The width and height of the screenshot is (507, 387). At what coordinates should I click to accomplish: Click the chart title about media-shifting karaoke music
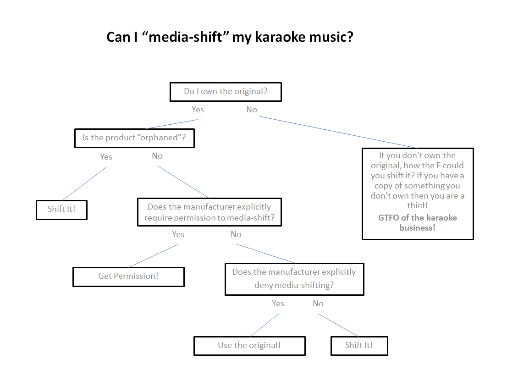coord(230,37)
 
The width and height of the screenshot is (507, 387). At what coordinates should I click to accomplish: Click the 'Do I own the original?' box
coord(226,92)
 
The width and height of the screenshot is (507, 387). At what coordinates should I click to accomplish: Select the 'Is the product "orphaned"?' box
coord(134,138)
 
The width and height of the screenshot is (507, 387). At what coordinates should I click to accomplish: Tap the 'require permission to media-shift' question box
coord(209,212)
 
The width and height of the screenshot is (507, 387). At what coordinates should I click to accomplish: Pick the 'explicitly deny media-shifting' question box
coord(294,278)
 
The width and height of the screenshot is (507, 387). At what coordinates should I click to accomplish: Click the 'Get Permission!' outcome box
coord(128,276)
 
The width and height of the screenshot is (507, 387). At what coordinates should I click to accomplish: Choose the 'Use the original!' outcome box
coord(249,346)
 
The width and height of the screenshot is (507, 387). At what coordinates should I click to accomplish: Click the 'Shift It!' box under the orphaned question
coord(61,210)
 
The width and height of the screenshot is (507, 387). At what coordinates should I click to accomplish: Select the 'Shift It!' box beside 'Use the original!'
coord(359,346)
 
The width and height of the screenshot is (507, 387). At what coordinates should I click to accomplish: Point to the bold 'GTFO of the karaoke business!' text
coord(417,222)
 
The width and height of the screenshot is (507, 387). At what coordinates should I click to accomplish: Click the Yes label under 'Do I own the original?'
coord(198,110)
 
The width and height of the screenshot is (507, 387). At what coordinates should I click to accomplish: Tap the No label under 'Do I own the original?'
coord(252,110)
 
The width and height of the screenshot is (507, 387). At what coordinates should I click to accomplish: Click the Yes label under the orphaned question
coord(106,157)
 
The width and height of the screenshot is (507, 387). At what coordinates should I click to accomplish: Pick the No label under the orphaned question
coord(157,156)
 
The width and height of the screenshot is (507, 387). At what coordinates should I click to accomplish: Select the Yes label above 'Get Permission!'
coord(178,234)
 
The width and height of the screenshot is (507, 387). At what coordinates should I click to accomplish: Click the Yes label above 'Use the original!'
coord(278,304)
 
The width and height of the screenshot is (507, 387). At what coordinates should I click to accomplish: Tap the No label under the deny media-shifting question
coord(318,304)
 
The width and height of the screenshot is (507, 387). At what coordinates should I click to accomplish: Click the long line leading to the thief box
coord(338,133)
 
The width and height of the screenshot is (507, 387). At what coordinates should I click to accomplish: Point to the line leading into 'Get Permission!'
coord(154,255)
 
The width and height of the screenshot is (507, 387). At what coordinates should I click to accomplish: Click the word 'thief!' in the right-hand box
coord(417,206)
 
